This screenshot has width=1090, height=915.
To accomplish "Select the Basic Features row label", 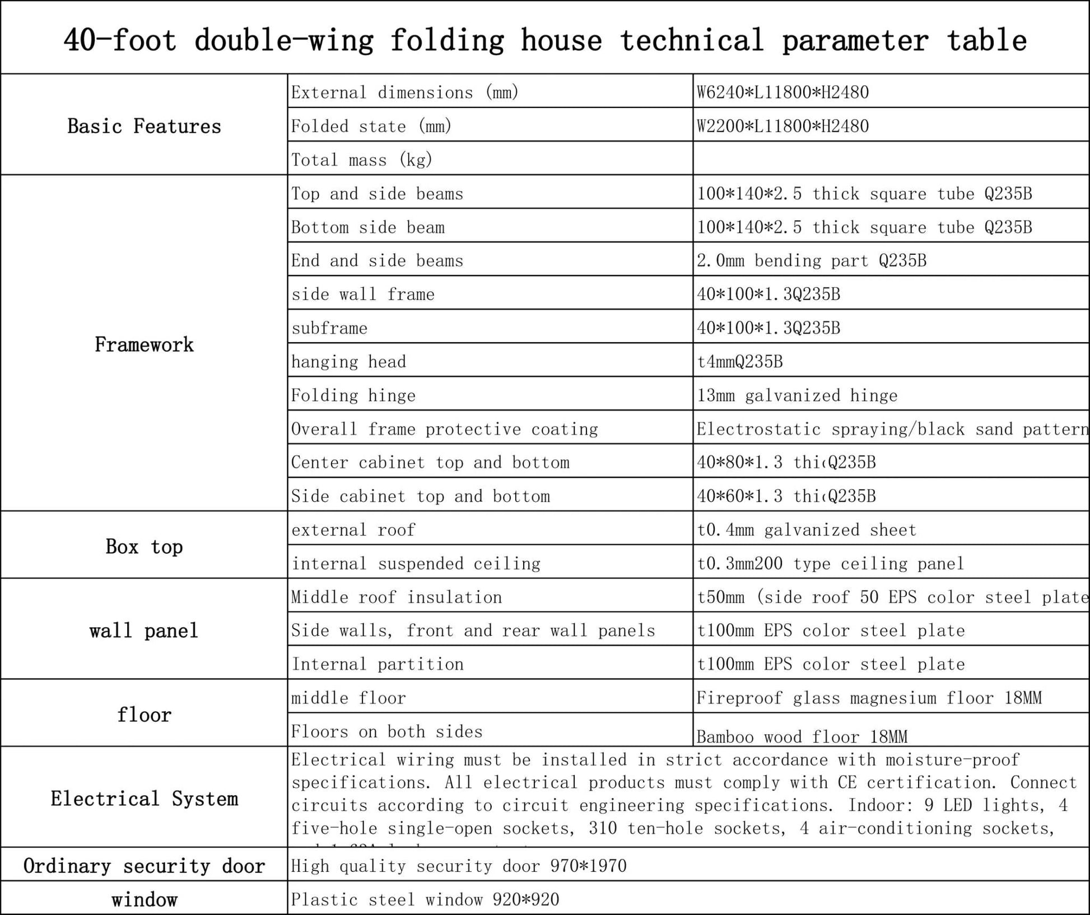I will pyautogui.click(x=144, y=126).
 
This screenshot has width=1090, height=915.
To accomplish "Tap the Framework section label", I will pyautogui.click(x=144, y=344).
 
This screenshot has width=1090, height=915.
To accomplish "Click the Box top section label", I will pyautogui.click(x=144, y=547).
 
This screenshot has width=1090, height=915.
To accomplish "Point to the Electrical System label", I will pyautogui.click(x=144, y=799).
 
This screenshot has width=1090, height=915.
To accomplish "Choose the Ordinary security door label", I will pyautogui.click(x=144, y=866).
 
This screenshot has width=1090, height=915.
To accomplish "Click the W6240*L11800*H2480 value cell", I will pyautogui.click(x=782, y=92).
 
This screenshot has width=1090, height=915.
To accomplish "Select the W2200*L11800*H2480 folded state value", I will pyautogui.click(x=782, y=126).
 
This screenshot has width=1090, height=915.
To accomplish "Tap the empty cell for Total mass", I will pyautogui.click(x=891, y=159).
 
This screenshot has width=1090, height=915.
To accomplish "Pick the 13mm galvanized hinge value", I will pyautogui.click(x=796, y=395).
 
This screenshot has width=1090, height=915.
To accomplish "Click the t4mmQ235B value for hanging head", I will pyautogui.click(x=739, y=362).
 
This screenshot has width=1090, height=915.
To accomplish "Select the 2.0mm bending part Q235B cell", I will pyautogui.click(x=811, y=260).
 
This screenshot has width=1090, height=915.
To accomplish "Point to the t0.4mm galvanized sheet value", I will pyautogui.click(x=806, y=530).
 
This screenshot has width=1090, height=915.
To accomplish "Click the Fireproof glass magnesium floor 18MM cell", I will pyautogui.click(x=869, y=698).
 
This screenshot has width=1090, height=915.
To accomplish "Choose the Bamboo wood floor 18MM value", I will pyautogui.click(x=802, y=736).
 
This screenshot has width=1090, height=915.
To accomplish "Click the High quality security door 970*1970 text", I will pyautogui.click(x=459, y=866).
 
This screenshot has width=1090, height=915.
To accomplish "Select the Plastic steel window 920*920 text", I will pyautogui.click(x=425, y=899).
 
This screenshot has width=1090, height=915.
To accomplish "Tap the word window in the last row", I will pyautogui.click(x=144, y=900).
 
